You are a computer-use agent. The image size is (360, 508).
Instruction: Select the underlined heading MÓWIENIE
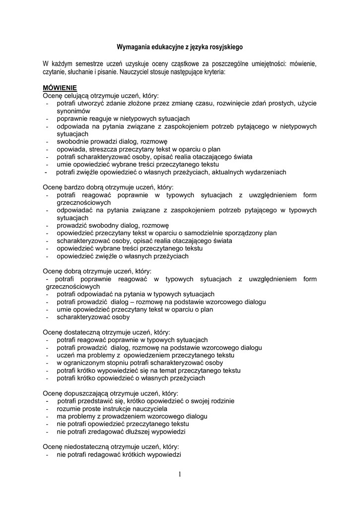click(60, 87)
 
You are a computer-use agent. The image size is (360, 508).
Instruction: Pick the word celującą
click(74, 95)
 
